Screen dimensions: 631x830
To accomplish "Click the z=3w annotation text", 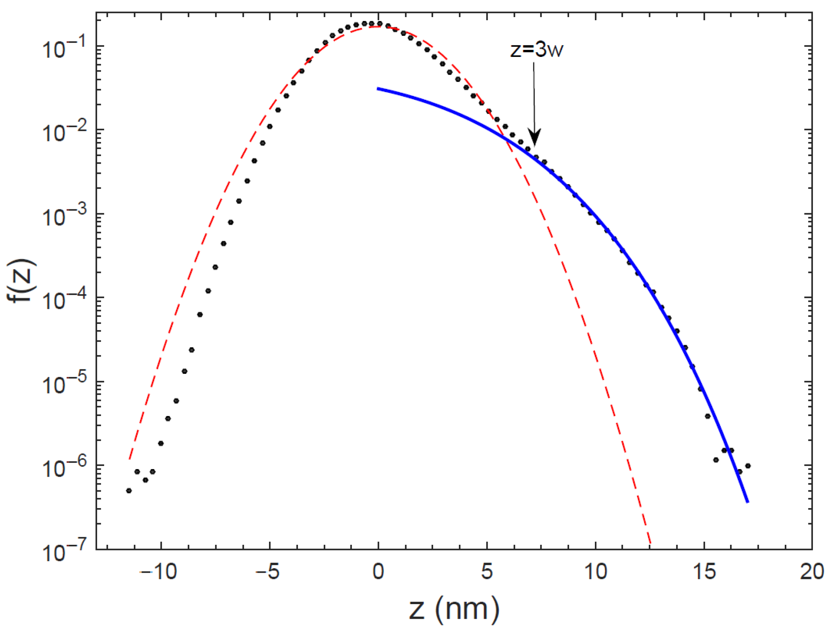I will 537,50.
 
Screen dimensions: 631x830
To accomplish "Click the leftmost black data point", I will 129,491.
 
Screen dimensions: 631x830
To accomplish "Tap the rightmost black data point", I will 748,466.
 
